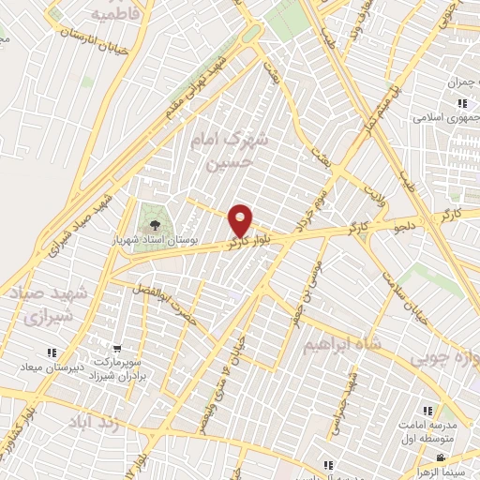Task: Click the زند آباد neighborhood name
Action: tap(95, 423)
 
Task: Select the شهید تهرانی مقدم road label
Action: tap(202, 83)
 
